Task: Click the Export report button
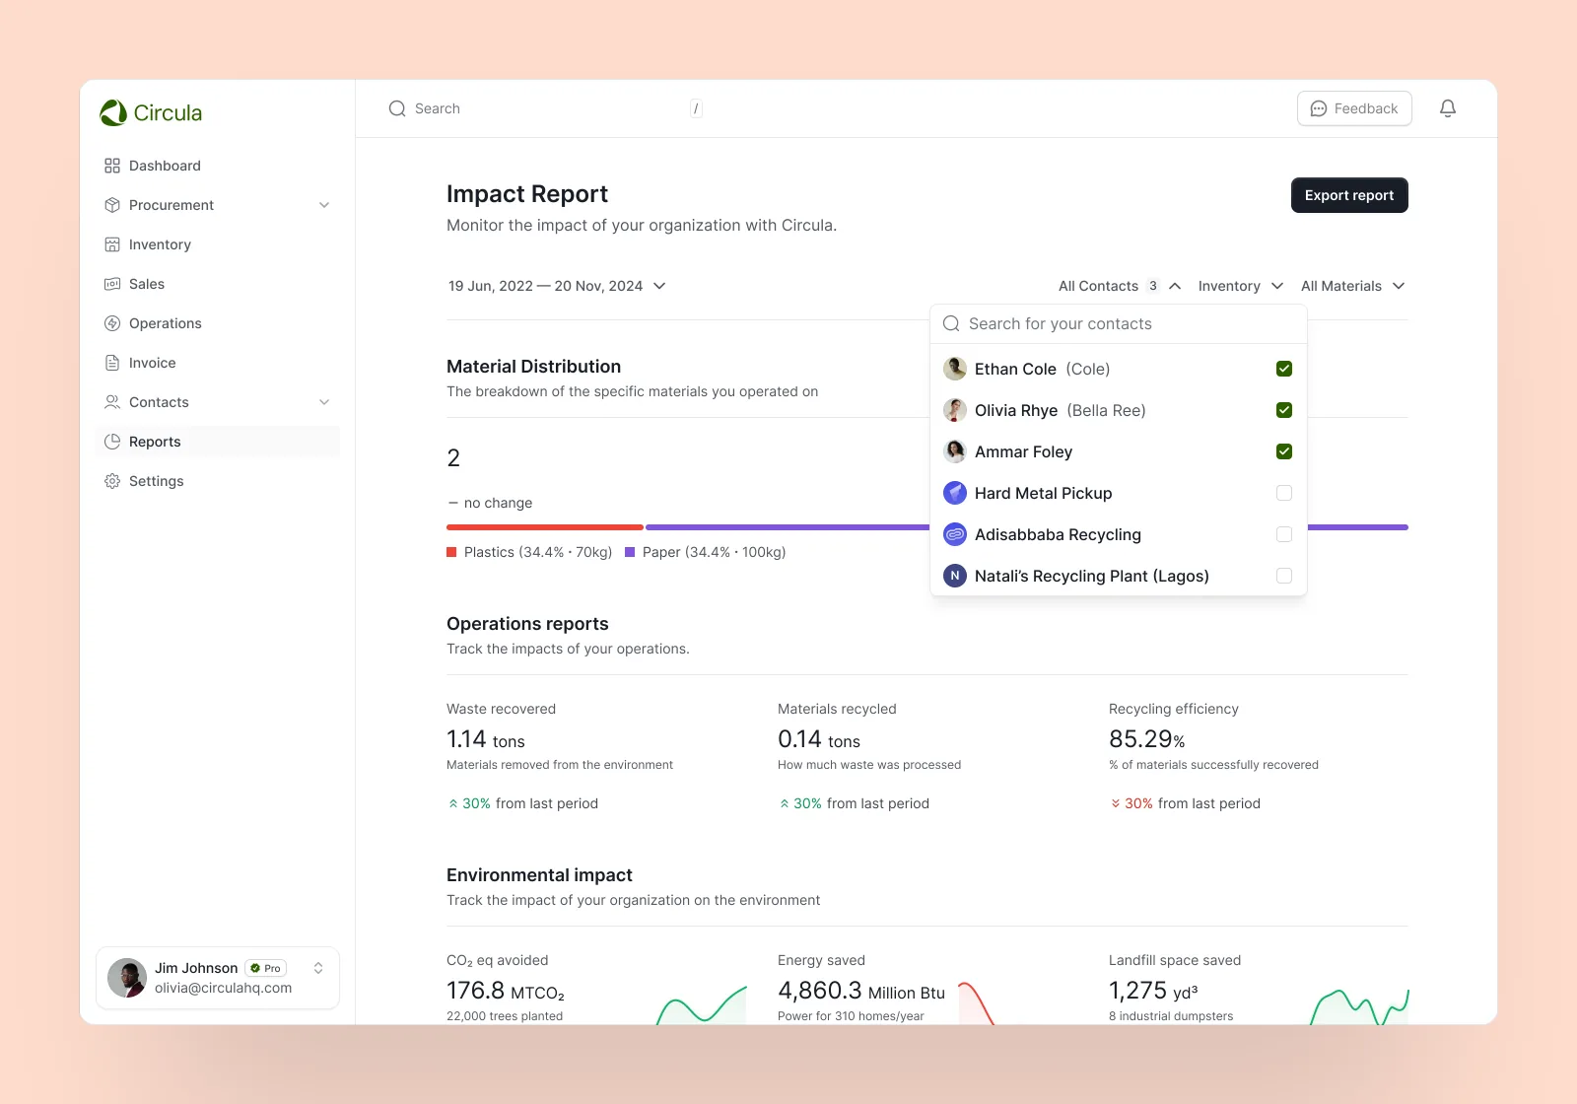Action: [1349, 195]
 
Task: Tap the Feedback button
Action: [1354, 108]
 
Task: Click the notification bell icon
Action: [1448, 108]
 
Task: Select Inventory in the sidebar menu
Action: [159, 244]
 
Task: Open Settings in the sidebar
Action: [156, 481]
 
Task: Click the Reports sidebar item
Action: [155, 442]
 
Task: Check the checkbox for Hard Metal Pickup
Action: [1283, 493]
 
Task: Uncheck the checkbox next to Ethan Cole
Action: [1283, 369]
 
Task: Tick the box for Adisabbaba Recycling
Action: [1283, 534]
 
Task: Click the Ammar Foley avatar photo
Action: [955, 451]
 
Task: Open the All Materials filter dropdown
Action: [1352, 286]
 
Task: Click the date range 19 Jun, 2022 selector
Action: [556, 286]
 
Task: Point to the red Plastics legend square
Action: [451, 552]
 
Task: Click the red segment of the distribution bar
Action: [545, 527]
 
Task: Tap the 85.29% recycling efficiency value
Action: [1147, 738]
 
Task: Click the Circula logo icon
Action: [113, 112]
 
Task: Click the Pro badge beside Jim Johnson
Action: [265, 968]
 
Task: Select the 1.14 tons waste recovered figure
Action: [485, 739]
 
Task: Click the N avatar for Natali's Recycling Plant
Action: [955, 576]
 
